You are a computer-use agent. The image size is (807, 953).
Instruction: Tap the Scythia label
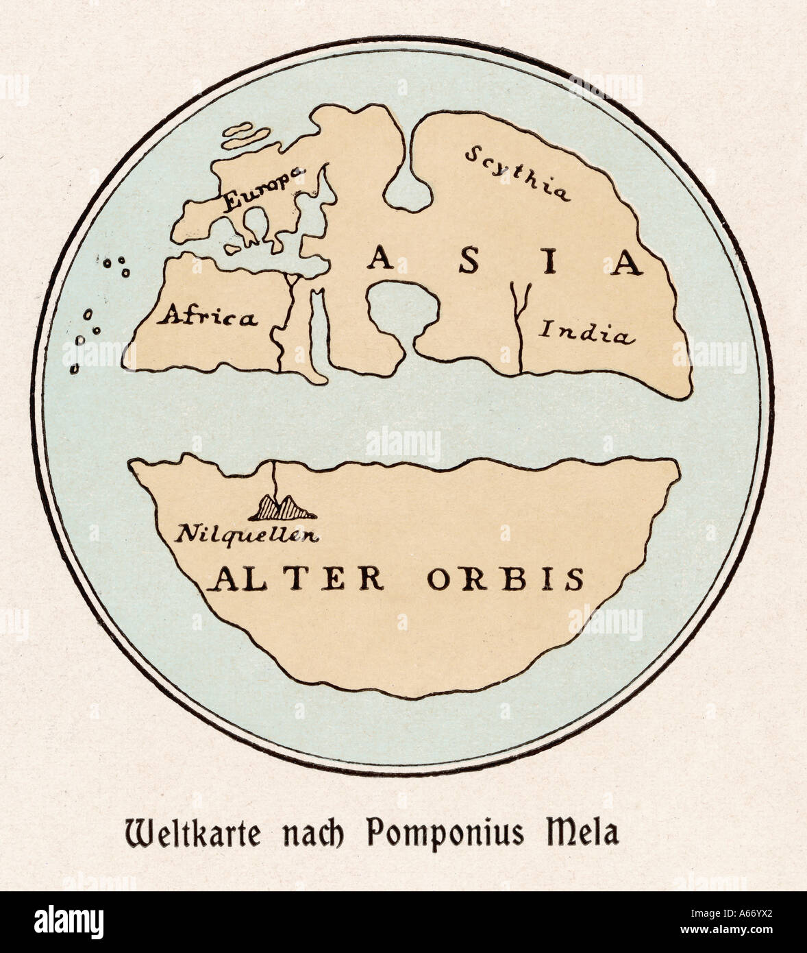[x=517, y=174]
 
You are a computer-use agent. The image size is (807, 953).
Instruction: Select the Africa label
[x=208, y=317]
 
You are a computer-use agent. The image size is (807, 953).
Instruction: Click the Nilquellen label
[x=247, y=533]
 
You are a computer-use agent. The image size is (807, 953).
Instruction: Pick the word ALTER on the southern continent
[x=296, y=579]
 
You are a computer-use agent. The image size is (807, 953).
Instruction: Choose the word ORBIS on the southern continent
[x=506, y=579]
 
